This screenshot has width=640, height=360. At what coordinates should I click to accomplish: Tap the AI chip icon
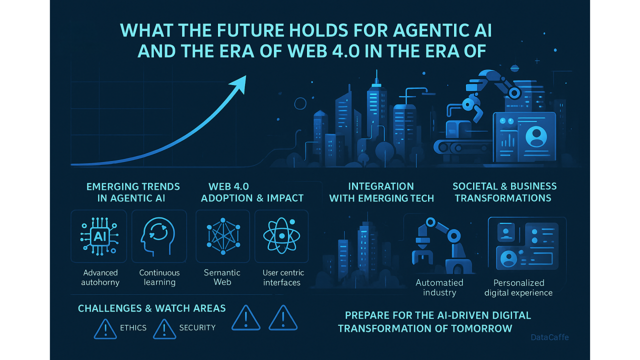coord(99,236)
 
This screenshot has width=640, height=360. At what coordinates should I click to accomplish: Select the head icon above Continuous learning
coord(157,236)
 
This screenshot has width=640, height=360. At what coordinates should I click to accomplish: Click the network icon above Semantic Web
coord(223,236)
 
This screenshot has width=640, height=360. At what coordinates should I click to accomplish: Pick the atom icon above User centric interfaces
coord(281,235)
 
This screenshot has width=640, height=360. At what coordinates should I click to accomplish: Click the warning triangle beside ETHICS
coord(105,329)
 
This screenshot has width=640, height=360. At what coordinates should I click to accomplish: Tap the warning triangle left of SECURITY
coord(164,329)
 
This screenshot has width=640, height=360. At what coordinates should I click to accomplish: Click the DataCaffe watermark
coord(549,337)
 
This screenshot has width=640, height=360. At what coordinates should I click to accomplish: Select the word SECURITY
coord(197,327)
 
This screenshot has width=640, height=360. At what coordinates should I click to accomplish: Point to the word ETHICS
coord(133,327)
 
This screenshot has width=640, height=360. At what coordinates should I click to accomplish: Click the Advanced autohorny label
coord(100,277)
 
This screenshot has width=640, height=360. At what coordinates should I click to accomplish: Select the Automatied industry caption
coord(439,287)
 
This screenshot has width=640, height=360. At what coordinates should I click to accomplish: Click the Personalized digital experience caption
coord(518,287)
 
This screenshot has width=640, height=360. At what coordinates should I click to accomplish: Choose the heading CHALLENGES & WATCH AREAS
coord(151,308)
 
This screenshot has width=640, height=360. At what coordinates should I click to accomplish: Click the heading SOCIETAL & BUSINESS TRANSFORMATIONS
coord(504,192)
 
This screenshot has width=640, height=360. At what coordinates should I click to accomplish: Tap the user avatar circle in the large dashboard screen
coord(536,136)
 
